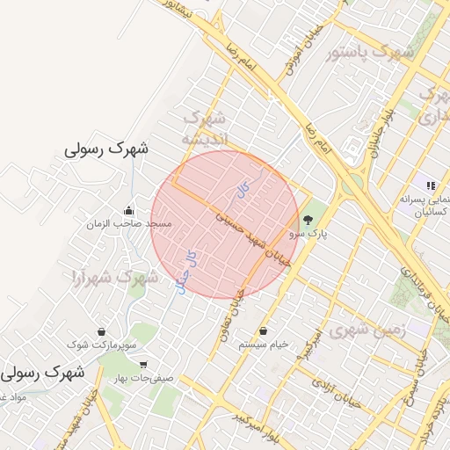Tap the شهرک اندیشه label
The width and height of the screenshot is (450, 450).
tap(204, 127)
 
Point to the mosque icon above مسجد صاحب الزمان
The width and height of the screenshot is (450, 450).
tap(129, 211)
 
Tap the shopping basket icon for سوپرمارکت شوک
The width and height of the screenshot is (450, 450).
tap(103, 332)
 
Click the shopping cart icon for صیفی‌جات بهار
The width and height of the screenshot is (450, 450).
tap(143, 365)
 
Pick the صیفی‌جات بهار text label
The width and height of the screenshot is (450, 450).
tap(141, 378)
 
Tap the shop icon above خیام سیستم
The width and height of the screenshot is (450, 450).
tap(264, 331)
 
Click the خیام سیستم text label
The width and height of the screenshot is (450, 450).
tap(264, 345)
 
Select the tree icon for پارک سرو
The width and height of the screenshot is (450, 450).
tap(308, 221)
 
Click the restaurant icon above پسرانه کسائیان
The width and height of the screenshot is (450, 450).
tap(431, 185)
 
